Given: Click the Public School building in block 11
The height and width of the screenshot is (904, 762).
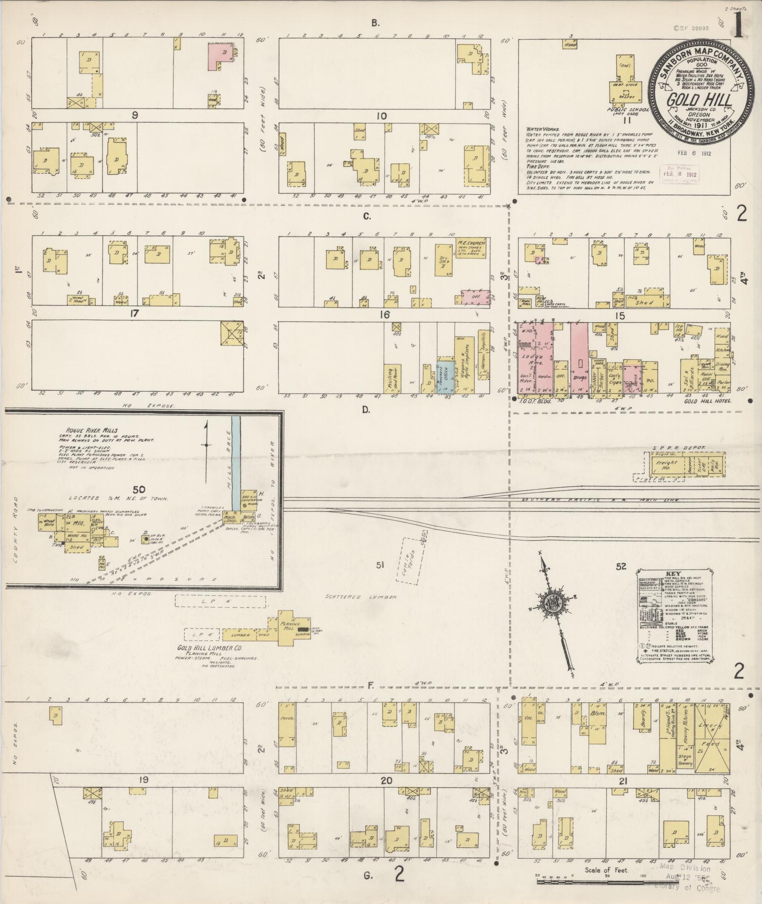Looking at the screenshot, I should tap(626, 80).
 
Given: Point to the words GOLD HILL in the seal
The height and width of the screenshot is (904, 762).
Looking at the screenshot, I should tap(700, 100).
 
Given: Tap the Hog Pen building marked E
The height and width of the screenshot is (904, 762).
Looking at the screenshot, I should tap(102, 562).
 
